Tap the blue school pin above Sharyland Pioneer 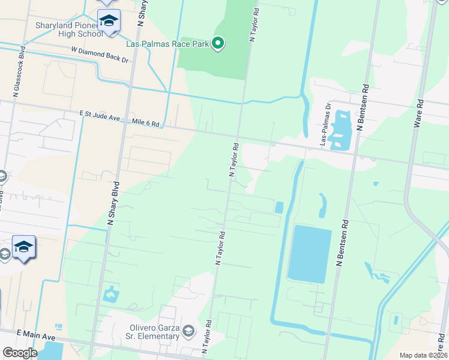(109, 22)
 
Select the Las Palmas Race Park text (167, 43)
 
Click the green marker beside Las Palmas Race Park (218, 43)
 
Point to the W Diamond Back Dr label (100, 56)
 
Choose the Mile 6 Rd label (146, 124)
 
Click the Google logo (20, 352)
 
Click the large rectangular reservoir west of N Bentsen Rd (310, 254)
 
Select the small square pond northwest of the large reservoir (279, 207)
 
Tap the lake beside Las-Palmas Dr (342, 130)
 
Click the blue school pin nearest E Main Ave (23, 247)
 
